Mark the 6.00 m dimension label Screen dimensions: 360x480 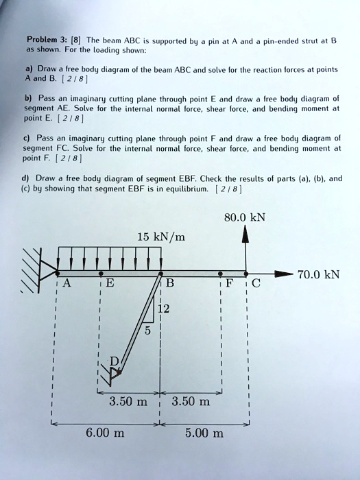(x=106, y=433)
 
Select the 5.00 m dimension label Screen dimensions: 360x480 (x=204, y=433)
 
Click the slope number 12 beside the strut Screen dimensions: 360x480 (x=165, y=309)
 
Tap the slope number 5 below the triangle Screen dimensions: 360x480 (x=146, y=331)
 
